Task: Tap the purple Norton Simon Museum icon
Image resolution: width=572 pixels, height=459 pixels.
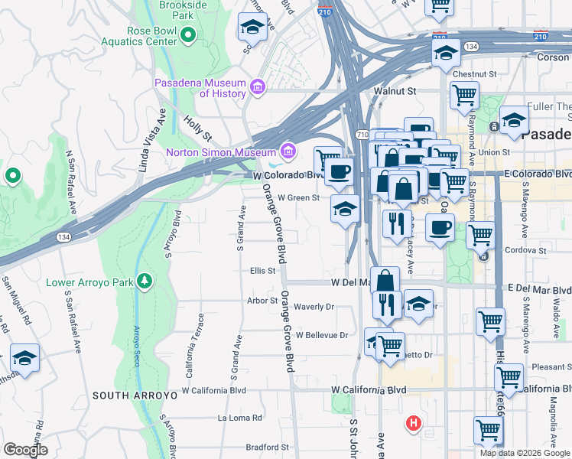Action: click(x=288, y=151)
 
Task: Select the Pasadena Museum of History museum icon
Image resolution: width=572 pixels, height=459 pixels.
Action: click(x=258, y=88)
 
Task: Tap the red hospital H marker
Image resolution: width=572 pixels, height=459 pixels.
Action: click(x=414, y=423)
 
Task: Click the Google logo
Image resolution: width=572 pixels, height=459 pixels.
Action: click(x=26, y=450)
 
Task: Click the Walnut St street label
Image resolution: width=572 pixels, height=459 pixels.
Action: click(x=394, y=91)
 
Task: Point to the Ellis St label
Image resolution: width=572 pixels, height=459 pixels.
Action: click(x=262, y=271)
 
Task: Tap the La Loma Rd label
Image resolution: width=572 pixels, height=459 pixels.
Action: click(x=239, y=418)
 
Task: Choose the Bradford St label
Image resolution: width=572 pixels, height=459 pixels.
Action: click(x=267, y=447)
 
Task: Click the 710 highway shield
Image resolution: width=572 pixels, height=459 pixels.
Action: click(x=361, y=135)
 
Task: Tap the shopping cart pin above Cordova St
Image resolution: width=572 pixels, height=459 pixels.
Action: click(x=480, y=235)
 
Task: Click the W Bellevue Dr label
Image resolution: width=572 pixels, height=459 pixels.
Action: click(x=322, y=335)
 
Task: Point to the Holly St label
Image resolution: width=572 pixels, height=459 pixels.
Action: click(x=197, y=127)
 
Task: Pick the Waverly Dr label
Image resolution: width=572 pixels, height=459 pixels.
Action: click(x=314, y=307)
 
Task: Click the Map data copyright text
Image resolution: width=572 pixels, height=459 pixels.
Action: click(x=525, y=453)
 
